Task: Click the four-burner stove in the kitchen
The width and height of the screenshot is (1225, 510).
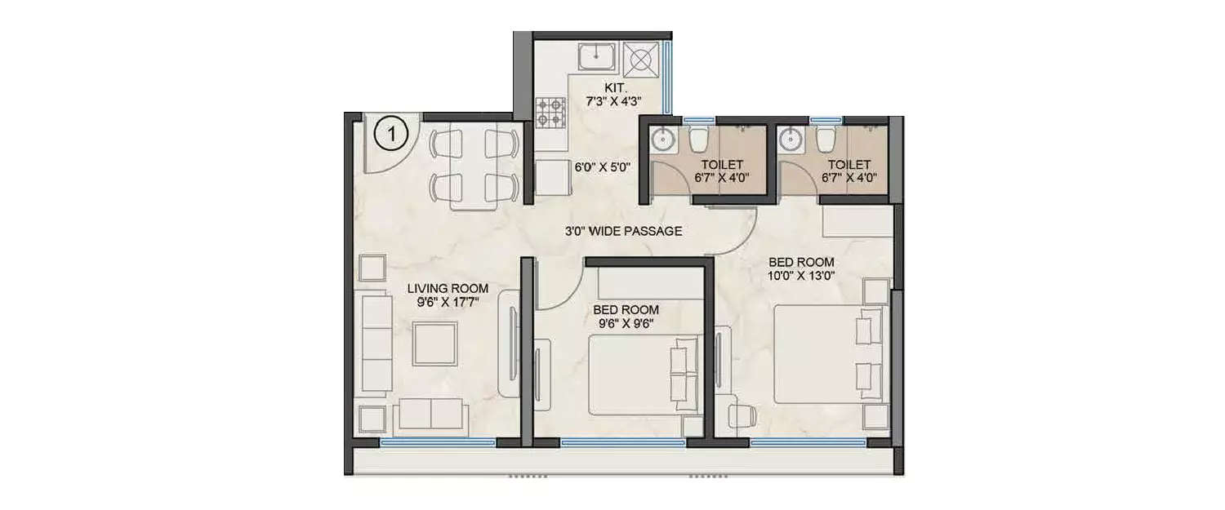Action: pos(551,113)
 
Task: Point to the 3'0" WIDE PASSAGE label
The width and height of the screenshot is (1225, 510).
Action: pos(623,231)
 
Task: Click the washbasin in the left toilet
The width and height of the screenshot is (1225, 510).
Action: pos(662,140)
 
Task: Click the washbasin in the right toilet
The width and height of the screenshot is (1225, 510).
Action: pos(790,140)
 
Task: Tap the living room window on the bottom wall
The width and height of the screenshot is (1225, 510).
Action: pos(439,442)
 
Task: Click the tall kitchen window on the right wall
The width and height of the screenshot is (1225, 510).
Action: pos(667,77)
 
